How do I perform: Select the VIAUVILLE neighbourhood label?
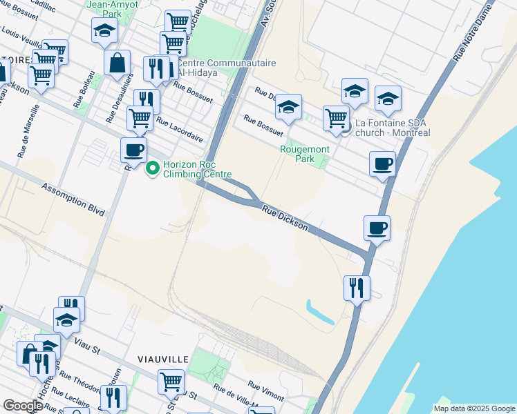click(x=163, y=359)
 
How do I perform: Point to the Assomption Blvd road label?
click(x=73, y=199)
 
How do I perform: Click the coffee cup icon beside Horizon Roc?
click(x=133, y=148)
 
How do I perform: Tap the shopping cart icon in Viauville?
click(x=171, y=380)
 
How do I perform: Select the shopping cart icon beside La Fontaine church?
click(x=336, y=117)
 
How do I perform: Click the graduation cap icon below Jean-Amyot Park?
click(x=104, y=30)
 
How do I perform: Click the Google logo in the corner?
click(x=23, y=406)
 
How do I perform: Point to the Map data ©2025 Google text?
click(x=474, y=408)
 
